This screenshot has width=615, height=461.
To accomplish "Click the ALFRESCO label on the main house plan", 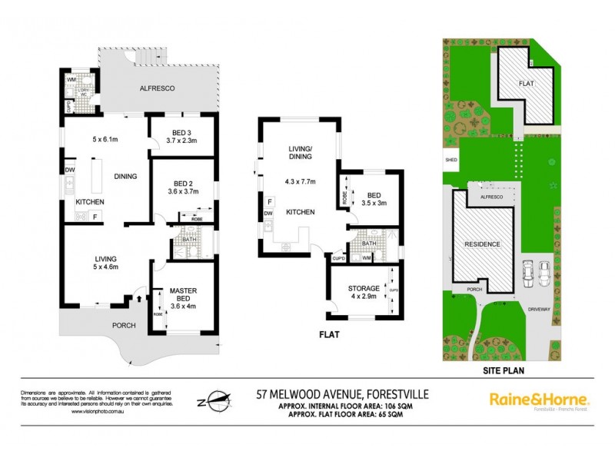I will (157, 89).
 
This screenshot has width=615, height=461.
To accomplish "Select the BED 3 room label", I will (182, 131).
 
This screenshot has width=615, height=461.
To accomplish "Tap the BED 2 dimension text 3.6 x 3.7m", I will (182, 193).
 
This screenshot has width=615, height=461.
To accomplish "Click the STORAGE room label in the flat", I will (358, 288).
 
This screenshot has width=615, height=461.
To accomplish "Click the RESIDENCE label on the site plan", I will (482, 244).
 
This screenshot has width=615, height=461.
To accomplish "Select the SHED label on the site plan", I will (450, 161).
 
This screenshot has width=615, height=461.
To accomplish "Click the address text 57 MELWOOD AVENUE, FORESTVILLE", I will (342, 393).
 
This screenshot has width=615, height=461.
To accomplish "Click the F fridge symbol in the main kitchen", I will (95, 217).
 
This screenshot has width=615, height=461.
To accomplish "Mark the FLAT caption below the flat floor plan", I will (329, 335).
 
